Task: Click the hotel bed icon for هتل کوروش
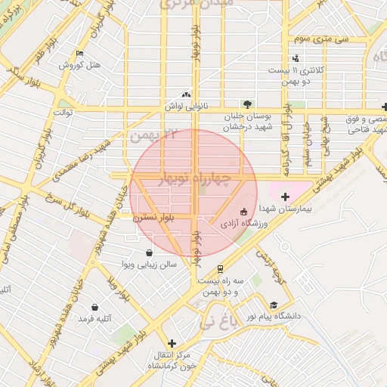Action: pyautogui.click(x=80, y=54)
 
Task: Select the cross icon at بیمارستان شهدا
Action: pyautogui.click(x=285, y=197)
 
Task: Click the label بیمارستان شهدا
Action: pyautogui.click(x=285, y=208)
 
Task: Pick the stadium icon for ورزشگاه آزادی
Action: pyautogui.click(x=243, y=212)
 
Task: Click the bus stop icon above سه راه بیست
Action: pyautogui.click(x=220, y=268)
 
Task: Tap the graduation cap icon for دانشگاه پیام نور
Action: pyautogui.click(x=274, y=305)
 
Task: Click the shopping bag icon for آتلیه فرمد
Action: pyautogui.click(x=94, y=308)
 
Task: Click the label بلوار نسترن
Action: pyautogui.click(x=154, y=217)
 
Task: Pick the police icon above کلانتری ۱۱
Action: pyautogui.click(x=296, y=58)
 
